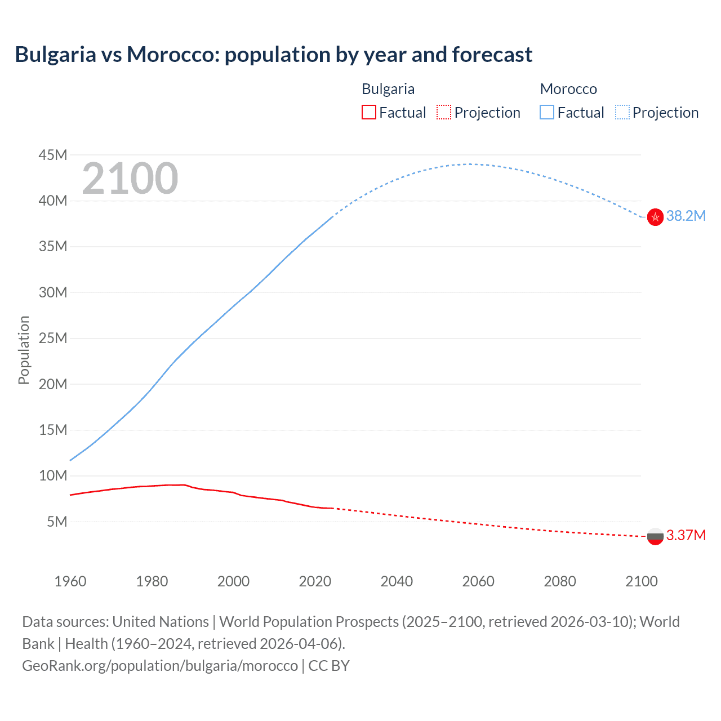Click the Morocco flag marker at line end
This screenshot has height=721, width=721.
pyautogui.click(x=655, y=217)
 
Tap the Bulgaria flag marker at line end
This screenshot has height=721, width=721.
pyautogui.click(x=655, y=536)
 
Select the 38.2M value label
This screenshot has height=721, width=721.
pyautogui.click(x=686, y=216)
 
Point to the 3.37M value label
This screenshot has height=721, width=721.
pyautogui.click(x=686, y=535)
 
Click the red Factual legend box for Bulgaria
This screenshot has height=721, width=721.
pyautogui.click(x=368, y=113)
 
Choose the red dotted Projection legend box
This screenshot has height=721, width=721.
pyautogui.click(x=444, y=113)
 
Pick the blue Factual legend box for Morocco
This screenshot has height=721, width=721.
pyautogui.click(x=547, y=113)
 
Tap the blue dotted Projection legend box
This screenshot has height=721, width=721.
pyautogui.click(x=622, y=113)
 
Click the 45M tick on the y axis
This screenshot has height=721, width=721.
pyautogui.click(x=53, y=155)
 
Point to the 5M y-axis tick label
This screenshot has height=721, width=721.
pyautogui.click(x=57, y=522)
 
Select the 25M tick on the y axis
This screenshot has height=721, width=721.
pyautogui.click(x=53, y=339)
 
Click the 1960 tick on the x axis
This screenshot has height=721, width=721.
pyautogui.click(x=70, y=581)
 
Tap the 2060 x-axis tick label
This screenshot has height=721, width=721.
pyautogui.click(x=478, y=581)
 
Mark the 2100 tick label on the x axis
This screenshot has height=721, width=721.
pyautogui.click(x=641, y=581)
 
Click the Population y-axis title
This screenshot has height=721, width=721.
pyautogui.click(x=24, y=350)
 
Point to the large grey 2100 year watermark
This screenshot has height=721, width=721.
pyautogui.click(x=130, y=179)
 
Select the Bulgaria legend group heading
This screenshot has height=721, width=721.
pyautogui.click(x=388, y=89)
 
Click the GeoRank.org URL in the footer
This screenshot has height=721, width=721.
pyautogui.click(x=160, y=666)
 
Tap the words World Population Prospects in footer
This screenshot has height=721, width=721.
pyautogui.click(x=309, y=622)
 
